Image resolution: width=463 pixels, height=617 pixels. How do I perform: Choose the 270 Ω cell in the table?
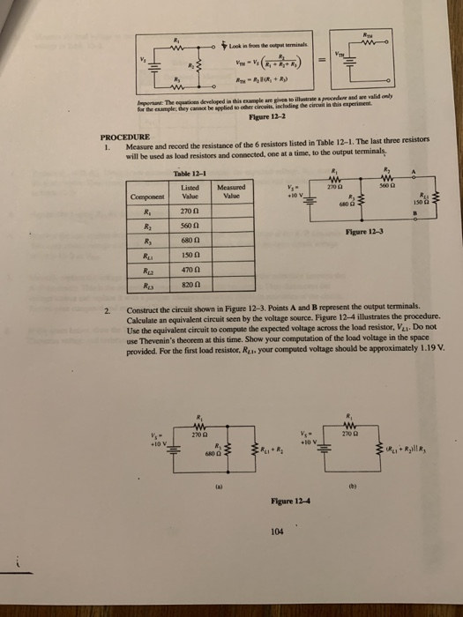click(x=189, y=212)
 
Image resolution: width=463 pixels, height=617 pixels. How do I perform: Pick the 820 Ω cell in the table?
click(x=189, y=287)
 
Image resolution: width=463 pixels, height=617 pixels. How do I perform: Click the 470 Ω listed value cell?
click(x=189, y=272)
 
